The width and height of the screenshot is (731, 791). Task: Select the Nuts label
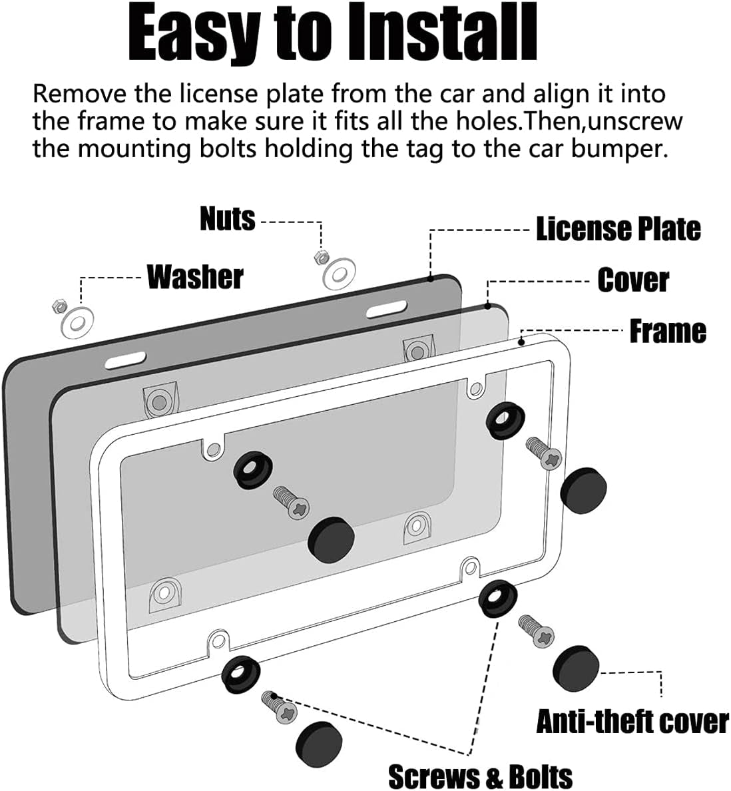[228, 220]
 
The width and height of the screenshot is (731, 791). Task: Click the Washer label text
[195, 277]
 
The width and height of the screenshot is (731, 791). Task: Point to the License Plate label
[618, 230]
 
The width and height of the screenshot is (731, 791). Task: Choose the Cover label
[633, 281]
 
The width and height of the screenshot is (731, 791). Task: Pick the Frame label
[668, 332]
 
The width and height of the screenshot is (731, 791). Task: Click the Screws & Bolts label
[481, 776]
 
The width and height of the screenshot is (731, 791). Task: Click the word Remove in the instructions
[79, 94]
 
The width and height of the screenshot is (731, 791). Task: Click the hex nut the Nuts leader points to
[320, 257]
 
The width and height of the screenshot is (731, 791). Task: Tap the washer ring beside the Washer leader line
[77, 322]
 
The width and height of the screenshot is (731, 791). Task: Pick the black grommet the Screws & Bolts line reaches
[498, 599]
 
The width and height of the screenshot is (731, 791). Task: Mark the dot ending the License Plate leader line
[431, 277]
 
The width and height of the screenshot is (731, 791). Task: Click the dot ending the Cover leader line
[487, 305]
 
